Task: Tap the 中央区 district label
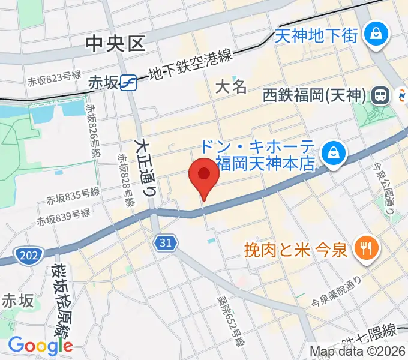click(116, 43)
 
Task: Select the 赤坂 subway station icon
click(128, 82)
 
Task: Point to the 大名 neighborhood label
click(231, 87)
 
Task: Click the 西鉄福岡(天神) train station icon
click(379, 95)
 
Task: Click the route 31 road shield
click(166, 242)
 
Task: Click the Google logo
click(40, 345)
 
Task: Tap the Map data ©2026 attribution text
click(358, 351)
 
